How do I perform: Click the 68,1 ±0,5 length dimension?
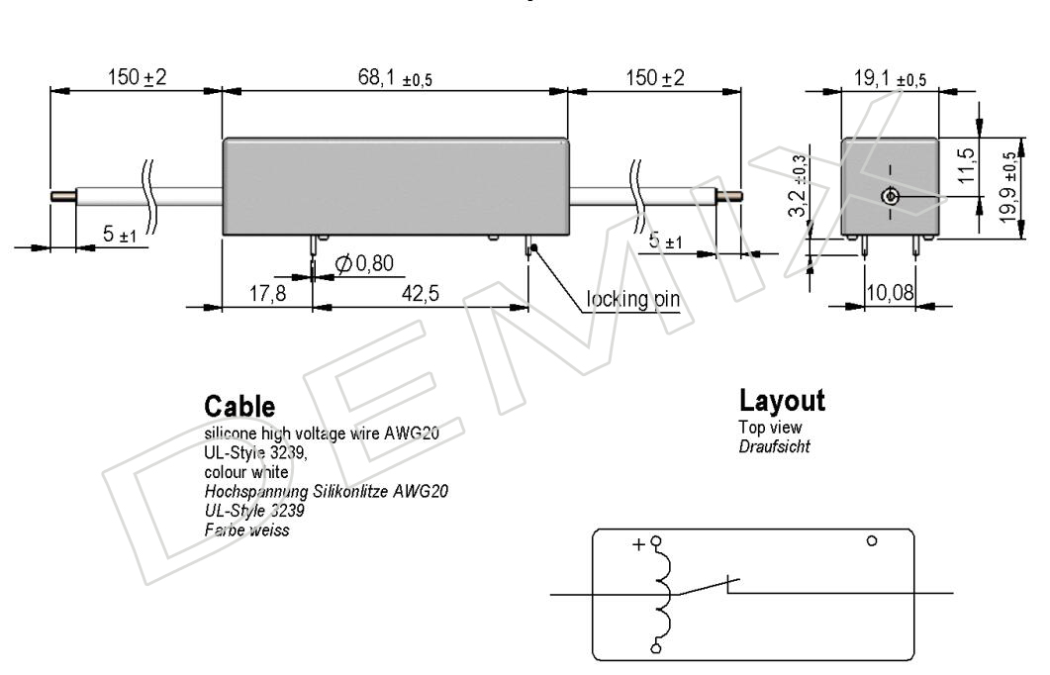(395, 78)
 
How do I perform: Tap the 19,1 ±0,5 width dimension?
(890, 79)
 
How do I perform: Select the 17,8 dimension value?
(268, 293)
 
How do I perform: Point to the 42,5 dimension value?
(421, 293)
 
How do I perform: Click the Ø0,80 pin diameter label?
(364, 264)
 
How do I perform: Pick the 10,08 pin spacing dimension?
(890, 293)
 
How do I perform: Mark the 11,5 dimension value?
(966, 165)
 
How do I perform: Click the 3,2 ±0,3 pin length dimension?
(797, 185)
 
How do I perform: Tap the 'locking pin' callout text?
(632, 299)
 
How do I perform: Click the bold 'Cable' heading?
(239, 407)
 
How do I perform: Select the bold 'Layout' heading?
(782, 401)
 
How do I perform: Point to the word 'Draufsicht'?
(775, 446)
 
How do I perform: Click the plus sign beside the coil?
(638, 544)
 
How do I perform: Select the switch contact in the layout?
(709, 587)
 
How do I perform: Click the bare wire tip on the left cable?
(63, 196)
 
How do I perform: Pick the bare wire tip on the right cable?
(729, 196)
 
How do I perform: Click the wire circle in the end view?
(890, 197)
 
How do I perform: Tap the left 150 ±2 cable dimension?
(137, 77)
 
